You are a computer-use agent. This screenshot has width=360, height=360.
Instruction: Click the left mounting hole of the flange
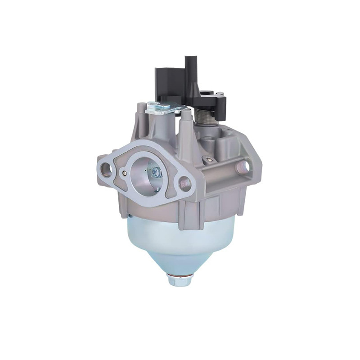(x=107, y=170)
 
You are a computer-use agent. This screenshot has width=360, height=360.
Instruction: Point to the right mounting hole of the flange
(x=184, y=183)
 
